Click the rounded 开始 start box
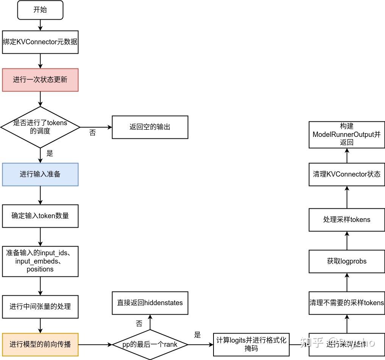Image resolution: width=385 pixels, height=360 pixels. point(40,10)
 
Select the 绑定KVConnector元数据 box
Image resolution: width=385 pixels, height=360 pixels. point(40,42)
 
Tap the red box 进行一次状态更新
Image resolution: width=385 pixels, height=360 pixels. point(40,80)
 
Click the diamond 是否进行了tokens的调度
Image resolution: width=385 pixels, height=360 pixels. point(40,127)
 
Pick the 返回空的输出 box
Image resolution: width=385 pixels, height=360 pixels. point(150,127)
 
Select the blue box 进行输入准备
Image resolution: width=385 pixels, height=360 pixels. point(40,174)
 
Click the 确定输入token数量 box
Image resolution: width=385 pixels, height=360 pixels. point(40,216)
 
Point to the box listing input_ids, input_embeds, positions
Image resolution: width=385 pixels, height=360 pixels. point(40,261)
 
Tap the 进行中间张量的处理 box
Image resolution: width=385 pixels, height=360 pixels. point(40,306)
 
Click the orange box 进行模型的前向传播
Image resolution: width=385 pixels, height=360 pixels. point(40,344)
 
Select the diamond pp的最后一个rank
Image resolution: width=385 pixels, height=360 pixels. point(150,344)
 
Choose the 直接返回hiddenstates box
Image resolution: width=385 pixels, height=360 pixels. point(150,303)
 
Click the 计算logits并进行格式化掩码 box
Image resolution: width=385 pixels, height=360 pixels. point(251,344)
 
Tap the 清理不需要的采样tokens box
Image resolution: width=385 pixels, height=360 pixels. point(347,303)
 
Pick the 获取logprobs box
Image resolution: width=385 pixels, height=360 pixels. point(347,261)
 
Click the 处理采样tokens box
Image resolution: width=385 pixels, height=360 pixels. point(347,220)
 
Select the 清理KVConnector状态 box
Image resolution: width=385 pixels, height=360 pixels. point(347,174)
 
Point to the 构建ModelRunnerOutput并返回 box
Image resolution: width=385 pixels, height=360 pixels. point(347,135)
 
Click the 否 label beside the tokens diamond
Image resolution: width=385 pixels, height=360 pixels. point(92,133)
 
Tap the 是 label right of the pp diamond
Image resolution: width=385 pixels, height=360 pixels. point(197,335)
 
